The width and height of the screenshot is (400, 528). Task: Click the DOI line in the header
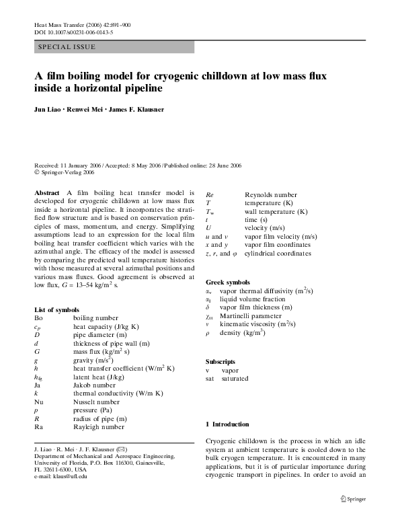[x=73, y=32]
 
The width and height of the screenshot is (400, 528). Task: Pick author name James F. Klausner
[x=138, y=109]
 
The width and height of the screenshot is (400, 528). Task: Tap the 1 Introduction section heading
[x=227, y=424]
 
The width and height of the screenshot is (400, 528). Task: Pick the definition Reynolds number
[x=270, y=195]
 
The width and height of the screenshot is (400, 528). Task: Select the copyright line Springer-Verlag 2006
[x=71, y=172]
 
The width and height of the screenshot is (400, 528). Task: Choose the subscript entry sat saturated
[x=227, y=379]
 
